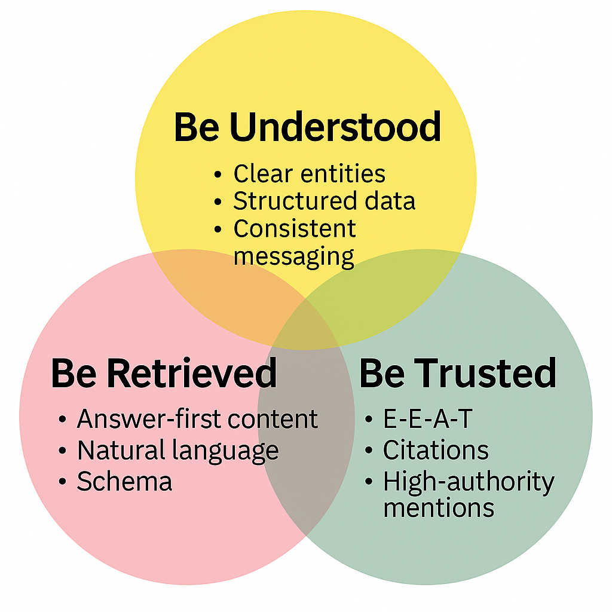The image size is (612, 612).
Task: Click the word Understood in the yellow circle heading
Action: pyautogui.click(x=335, y=127)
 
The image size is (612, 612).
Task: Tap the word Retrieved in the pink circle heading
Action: pyautogui.click(x=192, y=374)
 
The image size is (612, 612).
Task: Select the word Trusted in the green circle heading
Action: pyautogui.click(x=485, y=374)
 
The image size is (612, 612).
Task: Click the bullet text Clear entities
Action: pyautogui.click(x=309, y=174)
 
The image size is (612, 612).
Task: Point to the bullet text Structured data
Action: pyautogui.click(x=324, y=201)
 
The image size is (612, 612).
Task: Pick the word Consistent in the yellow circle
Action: pyautogui.click(x=294, y=229)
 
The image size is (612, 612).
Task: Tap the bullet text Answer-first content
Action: pyautogui.click(x=197, y=420)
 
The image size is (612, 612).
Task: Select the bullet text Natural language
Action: pyautogui.click(x=178, y=451)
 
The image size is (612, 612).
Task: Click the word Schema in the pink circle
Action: pyautogui.click(x=124, y=482)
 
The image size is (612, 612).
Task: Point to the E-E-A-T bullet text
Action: pyautogui.click(x=427, y=420)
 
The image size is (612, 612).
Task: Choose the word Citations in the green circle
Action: pyautogui.click(x=436, y=451)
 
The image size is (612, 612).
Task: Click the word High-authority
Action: pyautogui.click(x=469, y=482)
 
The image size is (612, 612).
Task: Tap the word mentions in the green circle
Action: pyautogui.click(x=439, y=508)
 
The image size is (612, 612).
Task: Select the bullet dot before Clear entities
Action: pyautogui.click(x=219, y=175)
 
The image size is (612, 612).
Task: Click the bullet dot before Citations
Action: pyautogui.click(x=369, y=452)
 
